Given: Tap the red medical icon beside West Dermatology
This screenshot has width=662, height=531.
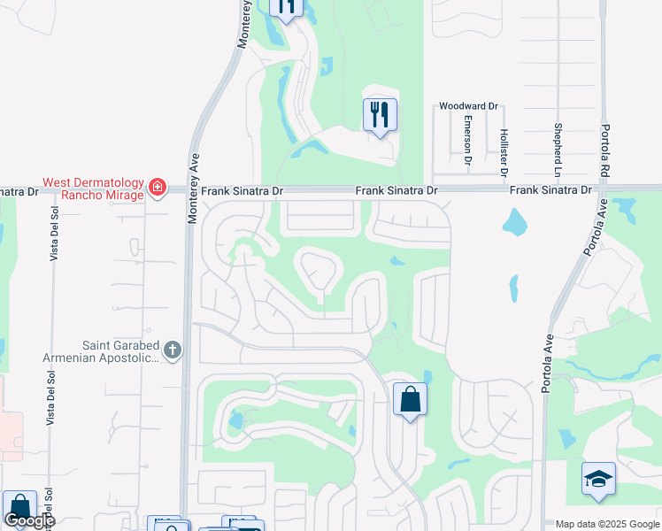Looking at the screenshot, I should click(158, 187).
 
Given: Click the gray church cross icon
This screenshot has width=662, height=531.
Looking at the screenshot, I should click(172, 351).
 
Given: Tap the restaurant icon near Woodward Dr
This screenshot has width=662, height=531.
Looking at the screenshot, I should click(380, 115).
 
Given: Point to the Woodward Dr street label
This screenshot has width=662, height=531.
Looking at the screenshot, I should click(464, 106).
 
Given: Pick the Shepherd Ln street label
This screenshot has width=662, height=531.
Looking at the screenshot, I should click(558, 147).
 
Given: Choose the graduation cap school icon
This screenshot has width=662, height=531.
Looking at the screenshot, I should click(598, 479).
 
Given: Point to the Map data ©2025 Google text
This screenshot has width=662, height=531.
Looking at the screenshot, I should click(606, 524).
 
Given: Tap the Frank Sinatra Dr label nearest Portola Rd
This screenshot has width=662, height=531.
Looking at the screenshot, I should click(549, 190).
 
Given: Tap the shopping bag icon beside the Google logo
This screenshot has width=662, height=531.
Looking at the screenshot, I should click(19, 508).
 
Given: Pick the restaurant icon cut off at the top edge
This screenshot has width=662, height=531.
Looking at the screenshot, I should click(286, 7).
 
